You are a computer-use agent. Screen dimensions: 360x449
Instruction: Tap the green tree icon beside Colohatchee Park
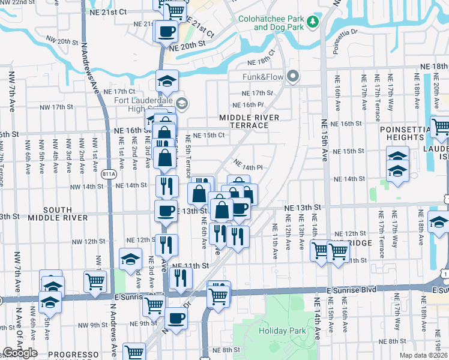(x=312, y=22)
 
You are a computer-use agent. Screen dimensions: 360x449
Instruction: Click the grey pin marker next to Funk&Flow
(x=292, y=76)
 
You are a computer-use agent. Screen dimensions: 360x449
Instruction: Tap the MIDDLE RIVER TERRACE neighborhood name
(x=249, y=121)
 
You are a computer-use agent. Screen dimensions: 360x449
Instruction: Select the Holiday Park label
(x=282, y=331)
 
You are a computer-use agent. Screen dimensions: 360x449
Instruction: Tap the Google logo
(x=20, y=353)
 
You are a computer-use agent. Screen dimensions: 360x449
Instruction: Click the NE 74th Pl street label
(x=249, y=167)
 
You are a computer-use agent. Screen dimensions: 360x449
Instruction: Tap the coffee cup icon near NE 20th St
(x=166, y=31)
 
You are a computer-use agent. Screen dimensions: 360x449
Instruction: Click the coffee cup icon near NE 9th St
(x=176, y=318)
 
